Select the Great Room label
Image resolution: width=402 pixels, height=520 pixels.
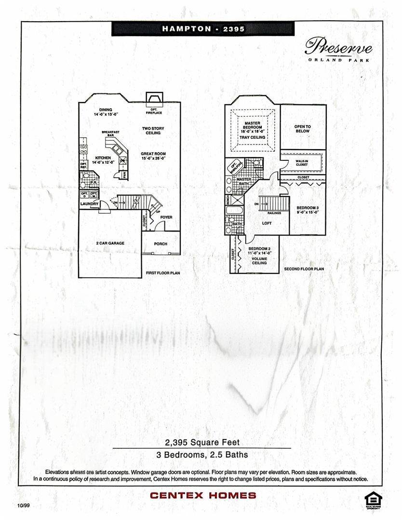point(153,156)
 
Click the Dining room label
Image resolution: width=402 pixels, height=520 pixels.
point(105,112)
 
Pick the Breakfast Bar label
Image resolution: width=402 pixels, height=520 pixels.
point(110,134)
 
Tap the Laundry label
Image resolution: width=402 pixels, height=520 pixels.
point(90,204)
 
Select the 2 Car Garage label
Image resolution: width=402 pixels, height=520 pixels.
point(110,244)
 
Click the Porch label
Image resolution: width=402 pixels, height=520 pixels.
point(161,244)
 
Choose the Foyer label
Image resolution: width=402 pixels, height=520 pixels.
point(166,217)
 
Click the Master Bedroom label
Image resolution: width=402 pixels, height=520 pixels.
point(252,127)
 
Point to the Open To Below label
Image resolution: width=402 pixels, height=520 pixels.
point(303,129)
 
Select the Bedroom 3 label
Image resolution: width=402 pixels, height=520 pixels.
point(307,209)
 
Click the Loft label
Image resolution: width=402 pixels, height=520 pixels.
point(267,223)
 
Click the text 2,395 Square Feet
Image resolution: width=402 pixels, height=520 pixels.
point(202,442)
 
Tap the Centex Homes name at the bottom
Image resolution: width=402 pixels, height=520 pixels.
point(203,495)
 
